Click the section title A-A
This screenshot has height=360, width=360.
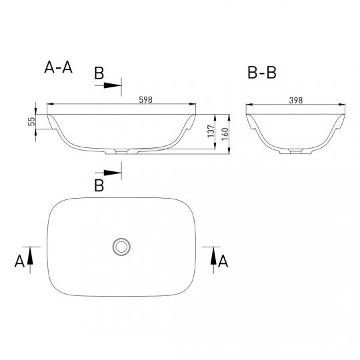point(58,67)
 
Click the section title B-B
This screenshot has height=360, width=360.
point(262,73)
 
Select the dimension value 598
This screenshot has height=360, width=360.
point(146,99)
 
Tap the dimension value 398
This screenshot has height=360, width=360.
point(296,100)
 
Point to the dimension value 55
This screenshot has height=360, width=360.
point(32,121)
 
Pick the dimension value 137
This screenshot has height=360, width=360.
point(211,131)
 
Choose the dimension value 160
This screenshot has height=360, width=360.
point(225,134)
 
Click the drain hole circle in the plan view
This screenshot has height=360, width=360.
point(121,247)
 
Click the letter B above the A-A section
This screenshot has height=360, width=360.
point(99,73)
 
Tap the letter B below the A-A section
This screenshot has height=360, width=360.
point(99,185)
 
